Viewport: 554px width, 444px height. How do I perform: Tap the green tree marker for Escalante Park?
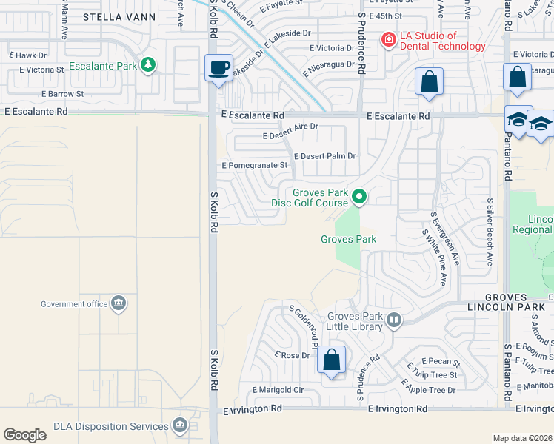pos(148,65)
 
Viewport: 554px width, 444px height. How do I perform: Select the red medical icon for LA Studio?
pos(387,40)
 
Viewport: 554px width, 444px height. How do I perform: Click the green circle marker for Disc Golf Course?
pos(359,197)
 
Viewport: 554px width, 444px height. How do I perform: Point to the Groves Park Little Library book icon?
pos(394,320)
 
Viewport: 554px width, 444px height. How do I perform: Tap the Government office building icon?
pos(118,303)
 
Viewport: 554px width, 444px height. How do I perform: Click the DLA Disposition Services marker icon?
pos(179,425)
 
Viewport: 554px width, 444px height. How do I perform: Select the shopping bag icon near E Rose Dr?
pos(332,361)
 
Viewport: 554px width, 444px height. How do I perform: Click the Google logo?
pos(24,434)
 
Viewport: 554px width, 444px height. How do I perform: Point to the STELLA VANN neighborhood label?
pos(119,16)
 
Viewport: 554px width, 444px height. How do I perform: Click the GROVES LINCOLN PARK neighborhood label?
pos(510,300)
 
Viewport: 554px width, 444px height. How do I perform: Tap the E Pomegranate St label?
pos(254,165)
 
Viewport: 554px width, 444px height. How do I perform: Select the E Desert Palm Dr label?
pos(325,156)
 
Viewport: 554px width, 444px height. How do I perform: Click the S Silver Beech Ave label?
pos(490,232)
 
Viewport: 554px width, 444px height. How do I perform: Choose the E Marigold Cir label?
pos(278,389)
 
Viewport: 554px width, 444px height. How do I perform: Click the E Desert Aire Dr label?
pos(290,127)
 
